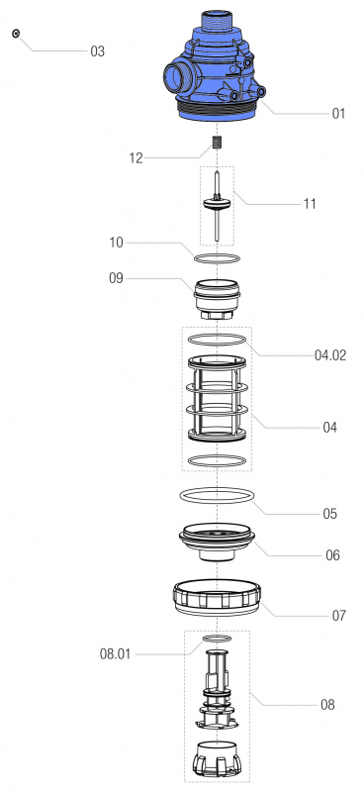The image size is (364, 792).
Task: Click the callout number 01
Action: pyautogui.click(x=338, y=114)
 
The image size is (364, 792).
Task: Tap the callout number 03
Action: pyautogui.click(x=97, y=50)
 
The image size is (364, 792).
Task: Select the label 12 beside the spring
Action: pyautogui.click(x=136, y=157)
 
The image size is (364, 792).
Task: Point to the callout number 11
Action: pyautogui.click(x=310, y=204)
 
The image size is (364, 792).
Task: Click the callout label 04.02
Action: pyautogui.click(x=330, y=354)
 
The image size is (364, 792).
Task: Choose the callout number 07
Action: pyautogui.click(x=339, y=615)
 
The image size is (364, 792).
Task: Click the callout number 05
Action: pyautogui.click(x=329, y=514)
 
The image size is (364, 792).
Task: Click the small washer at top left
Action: pyautogui.click(x=17, y=34)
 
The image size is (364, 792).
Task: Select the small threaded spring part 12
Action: pyautogui.click(x=216, y=149)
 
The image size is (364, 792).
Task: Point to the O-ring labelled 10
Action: pyautogui.click(x=216, y=258)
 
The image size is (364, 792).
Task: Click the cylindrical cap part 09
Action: pyautogui.click(x=216, y=297)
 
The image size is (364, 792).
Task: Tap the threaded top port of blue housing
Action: pyautogui.click(x=216, y=20)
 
